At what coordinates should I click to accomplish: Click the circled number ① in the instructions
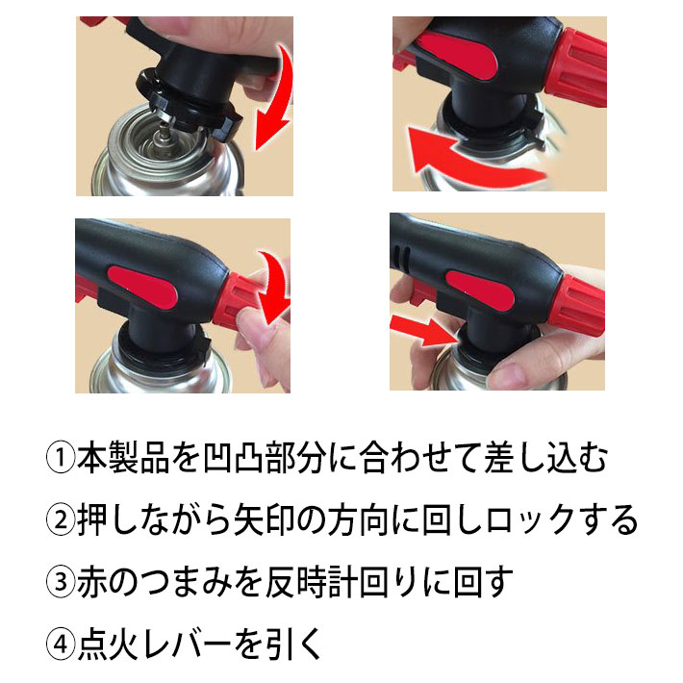click(x=61, y=457)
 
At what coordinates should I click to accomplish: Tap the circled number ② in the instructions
click(x=61, y=519)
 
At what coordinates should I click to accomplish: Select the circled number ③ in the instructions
click(x=61, y=582)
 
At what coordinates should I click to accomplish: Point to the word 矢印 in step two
click(x=266, y=519)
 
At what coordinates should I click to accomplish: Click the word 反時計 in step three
click(x=313, y=582)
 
